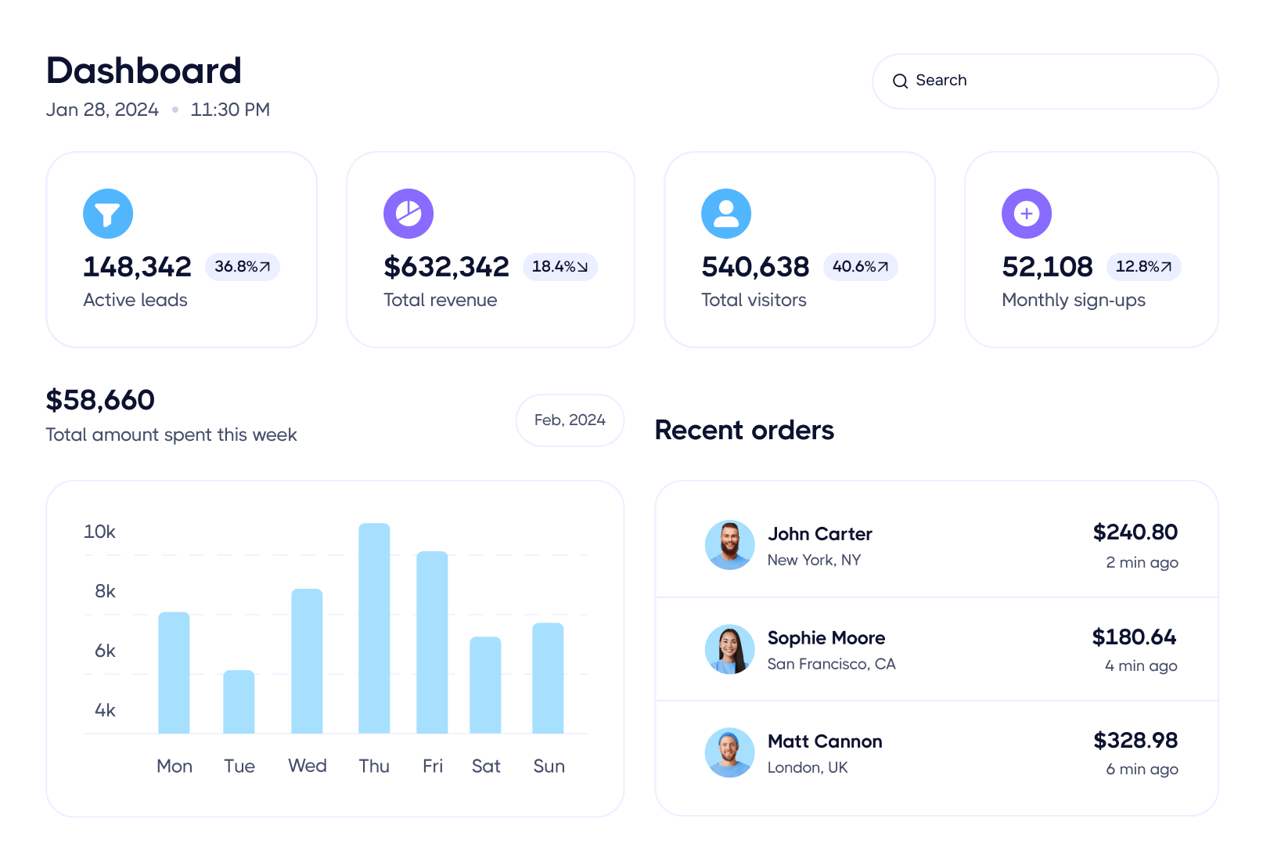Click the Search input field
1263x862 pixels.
(x=1045, y=81)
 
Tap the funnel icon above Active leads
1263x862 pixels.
(x=108, y=214)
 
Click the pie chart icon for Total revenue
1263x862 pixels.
(x=408, y=214)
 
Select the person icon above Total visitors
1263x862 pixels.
(x=726, y=214)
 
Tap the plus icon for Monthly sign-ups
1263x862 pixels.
(x=1027, y=214)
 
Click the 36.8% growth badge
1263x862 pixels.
(x=243, y=267)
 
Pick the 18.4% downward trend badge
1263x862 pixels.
(x=560, y=267)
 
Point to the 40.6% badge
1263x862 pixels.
(x=860, y=267)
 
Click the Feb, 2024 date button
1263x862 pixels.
(x=570, y=420)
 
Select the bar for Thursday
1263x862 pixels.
(x=374, y=628)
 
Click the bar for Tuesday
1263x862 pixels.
(x=239, y=702)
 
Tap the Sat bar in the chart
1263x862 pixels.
(x=485, y=685)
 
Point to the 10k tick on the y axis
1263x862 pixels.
(x=99, y=532)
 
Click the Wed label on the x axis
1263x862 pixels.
(x=308, y=766)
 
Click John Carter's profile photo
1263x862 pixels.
(x=729, y=546)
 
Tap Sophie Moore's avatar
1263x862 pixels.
(x=729, y=649)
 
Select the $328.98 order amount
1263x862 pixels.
(x=1135, y=741)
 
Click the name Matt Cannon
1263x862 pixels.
(x=825, y=741)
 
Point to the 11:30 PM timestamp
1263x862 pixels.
(x=230, y=110)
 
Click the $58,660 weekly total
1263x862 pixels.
(x=100, y=400)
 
